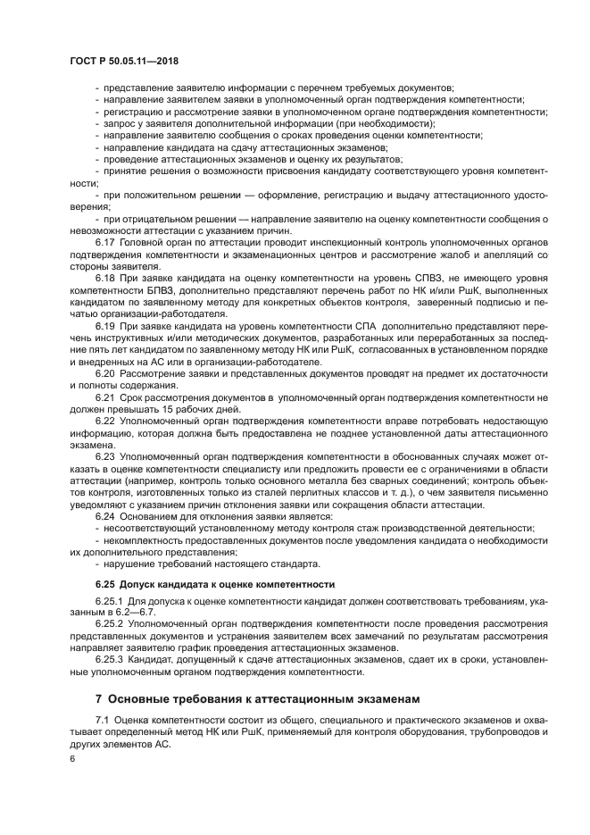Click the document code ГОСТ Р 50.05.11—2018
click(131, 60)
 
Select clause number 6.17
click(104, 243)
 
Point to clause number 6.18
click(104, 280)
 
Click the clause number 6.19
click(104, 328)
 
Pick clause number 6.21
click(104, 396)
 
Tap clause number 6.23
click(104, 456)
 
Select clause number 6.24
click(104, 516)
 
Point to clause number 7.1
click(102, 720)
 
